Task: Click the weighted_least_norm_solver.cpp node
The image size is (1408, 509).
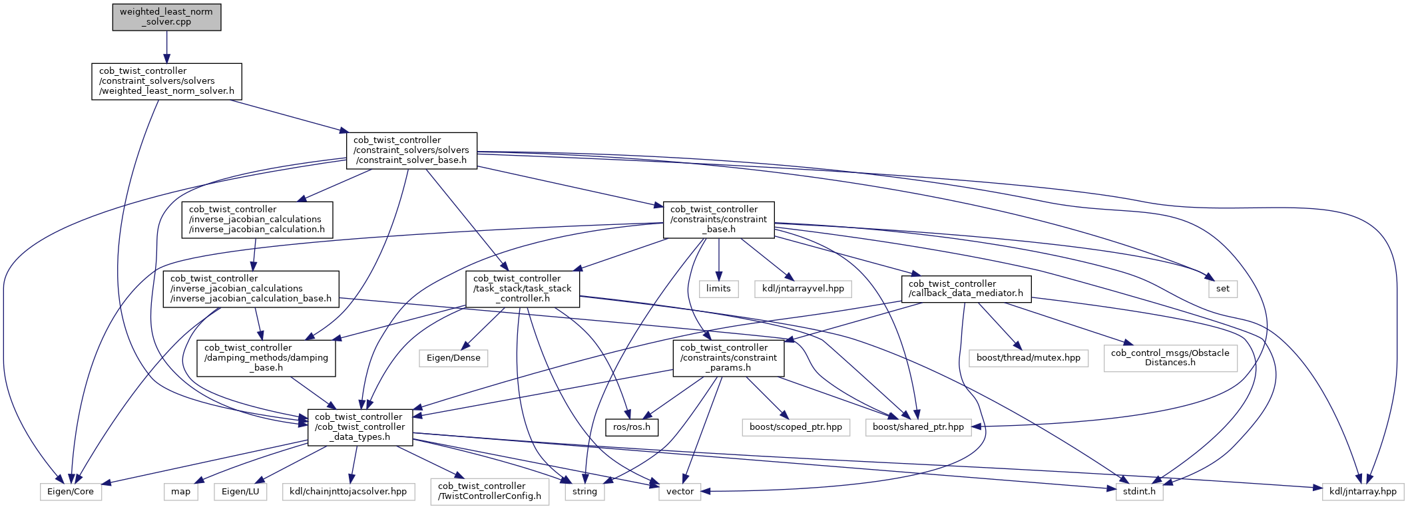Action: coord(166,17)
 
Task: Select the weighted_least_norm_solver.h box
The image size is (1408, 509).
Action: coord(166,81)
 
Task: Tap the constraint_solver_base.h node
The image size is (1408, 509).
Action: coord(411,150)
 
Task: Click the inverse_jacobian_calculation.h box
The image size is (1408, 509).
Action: coord(257,220)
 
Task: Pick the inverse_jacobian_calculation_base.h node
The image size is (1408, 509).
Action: coord(251,289)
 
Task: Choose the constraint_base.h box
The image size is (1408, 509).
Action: coord(719,220)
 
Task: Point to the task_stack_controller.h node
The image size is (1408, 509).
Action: coord(523,289)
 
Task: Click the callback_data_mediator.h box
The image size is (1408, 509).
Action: coord(966,289)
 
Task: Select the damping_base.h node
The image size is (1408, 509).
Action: coord(266,358)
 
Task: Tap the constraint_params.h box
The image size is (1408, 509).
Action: coord(728,358)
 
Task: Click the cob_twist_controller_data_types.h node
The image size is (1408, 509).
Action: coord(360,427)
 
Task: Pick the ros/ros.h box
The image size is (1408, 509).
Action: coord(632,426)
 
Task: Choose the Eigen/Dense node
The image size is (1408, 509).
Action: coord(453,358)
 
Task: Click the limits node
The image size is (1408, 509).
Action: coord(718,289)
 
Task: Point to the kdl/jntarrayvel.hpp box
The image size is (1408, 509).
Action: coord(803,289)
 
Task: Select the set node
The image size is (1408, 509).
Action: coord(1223,289)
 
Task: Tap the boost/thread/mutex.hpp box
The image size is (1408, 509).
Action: coord(1029,358)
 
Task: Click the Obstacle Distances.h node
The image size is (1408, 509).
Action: coord(1170,358)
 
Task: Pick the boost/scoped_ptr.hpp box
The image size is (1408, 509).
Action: coord(796,426)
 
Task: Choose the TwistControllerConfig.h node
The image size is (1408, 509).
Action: coord(490,491)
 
